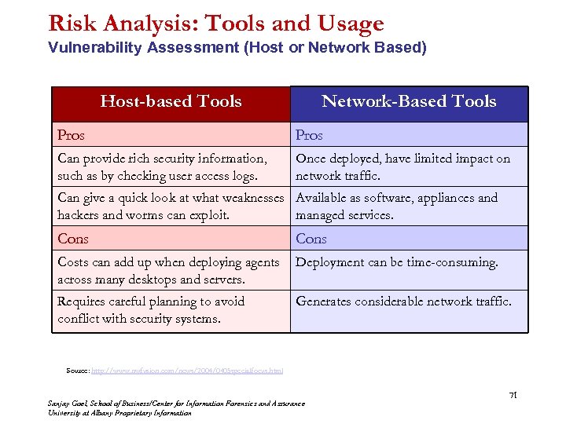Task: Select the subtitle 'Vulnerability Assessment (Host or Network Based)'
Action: click(x=237, y=48)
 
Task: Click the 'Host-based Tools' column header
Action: click(x=171, y=101)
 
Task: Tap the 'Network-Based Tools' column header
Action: click(x=409, y=101)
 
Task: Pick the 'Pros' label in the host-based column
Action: click(x=71, y=135)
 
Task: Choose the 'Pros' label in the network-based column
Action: click(x=309, y=135)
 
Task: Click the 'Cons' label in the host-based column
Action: click(x=73, y=239)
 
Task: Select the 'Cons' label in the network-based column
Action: click(x=311, y=239)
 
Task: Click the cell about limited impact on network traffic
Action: click(x=402, y=167)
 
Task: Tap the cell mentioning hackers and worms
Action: click(x=170, y=207)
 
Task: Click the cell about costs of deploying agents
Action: click(x=168, y=271)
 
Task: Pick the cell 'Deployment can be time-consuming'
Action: click(x=396, y=263)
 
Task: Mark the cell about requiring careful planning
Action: click(x=151, y=310)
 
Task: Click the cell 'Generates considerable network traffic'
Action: click(x=403, y=302)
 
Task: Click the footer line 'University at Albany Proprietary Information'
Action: click(x=119, y=413)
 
